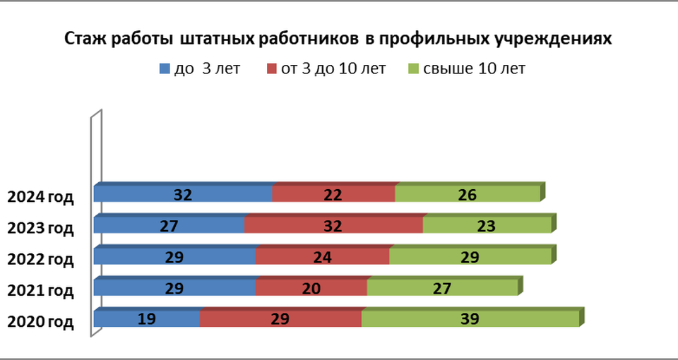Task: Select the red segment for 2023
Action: click(x=297, y=225)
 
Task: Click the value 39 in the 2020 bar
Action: click(x=469, y=319)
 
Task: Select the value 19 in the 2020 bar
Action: click(x=147, y=319)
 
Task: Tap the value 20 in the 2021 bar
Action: click(x=310, y=288)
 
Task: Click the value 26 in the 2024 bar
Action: click(x=468, y=195)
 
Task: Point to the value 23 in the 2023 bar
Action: click(x=486, y=226)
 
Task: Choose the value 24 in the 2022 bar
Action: click(x=322, y=257)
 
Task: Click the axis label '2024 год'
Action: click(x=40, y=197)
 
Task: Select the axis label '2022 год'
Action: click(x=40, y=259)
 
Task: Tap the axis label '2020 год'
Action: click(x=40, y=322)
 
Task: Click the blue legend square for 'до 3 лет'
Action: click(x=165, y=69)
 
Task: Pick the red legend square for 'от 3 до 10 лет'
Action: click(x=272, y=69)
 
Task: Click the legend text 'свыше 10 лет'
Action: click(x=474, y=68)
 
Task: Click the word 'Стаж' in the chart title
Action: click(x=83, y=40)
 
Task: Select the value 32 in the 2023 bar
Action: click(x=333, y=226)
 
